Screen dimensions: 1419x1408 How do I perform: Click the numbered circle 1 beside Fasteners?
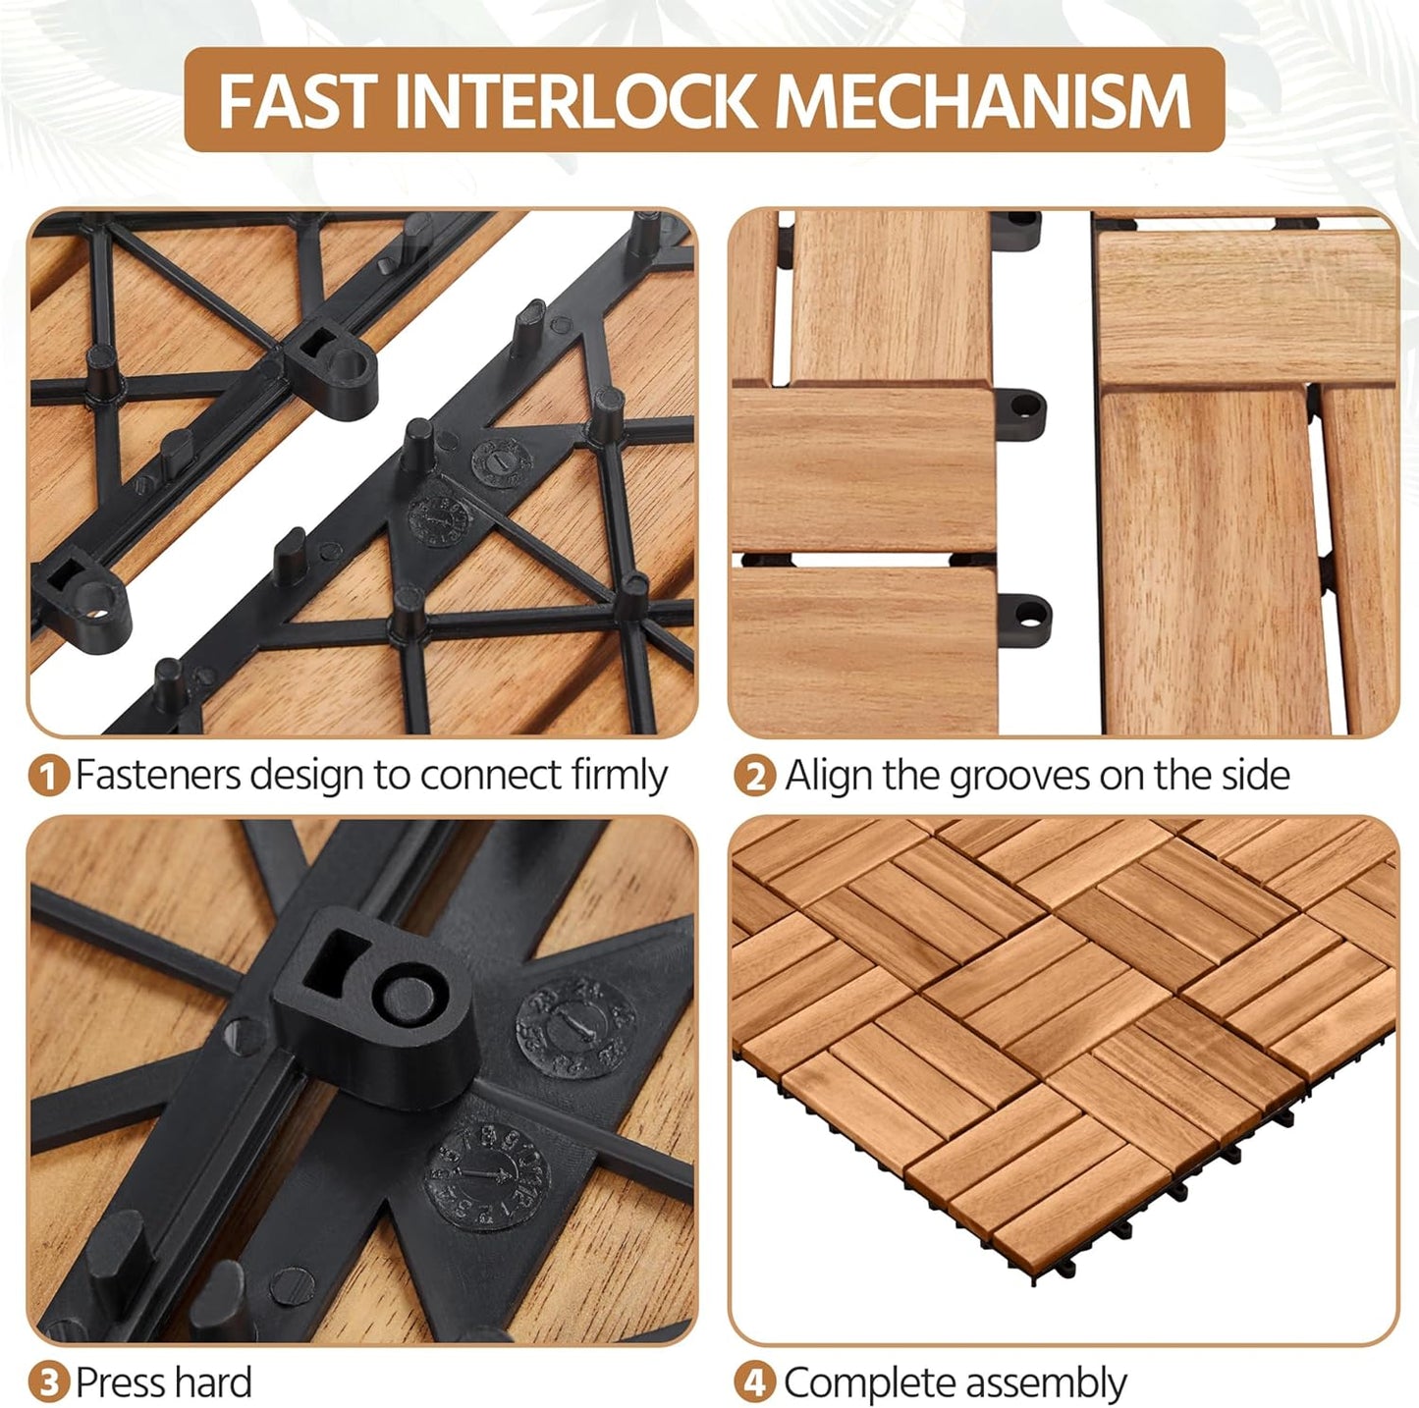[x=48, y=776]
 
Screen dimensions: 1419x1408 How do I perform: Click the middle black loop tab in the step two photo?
[x=1020, y=407]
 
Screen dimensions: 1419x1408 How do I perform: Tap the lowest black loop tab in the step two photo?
[x=1026, y=613]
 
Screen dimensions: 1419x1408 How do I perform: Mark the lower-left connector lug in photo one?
[x=84, y=598]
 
